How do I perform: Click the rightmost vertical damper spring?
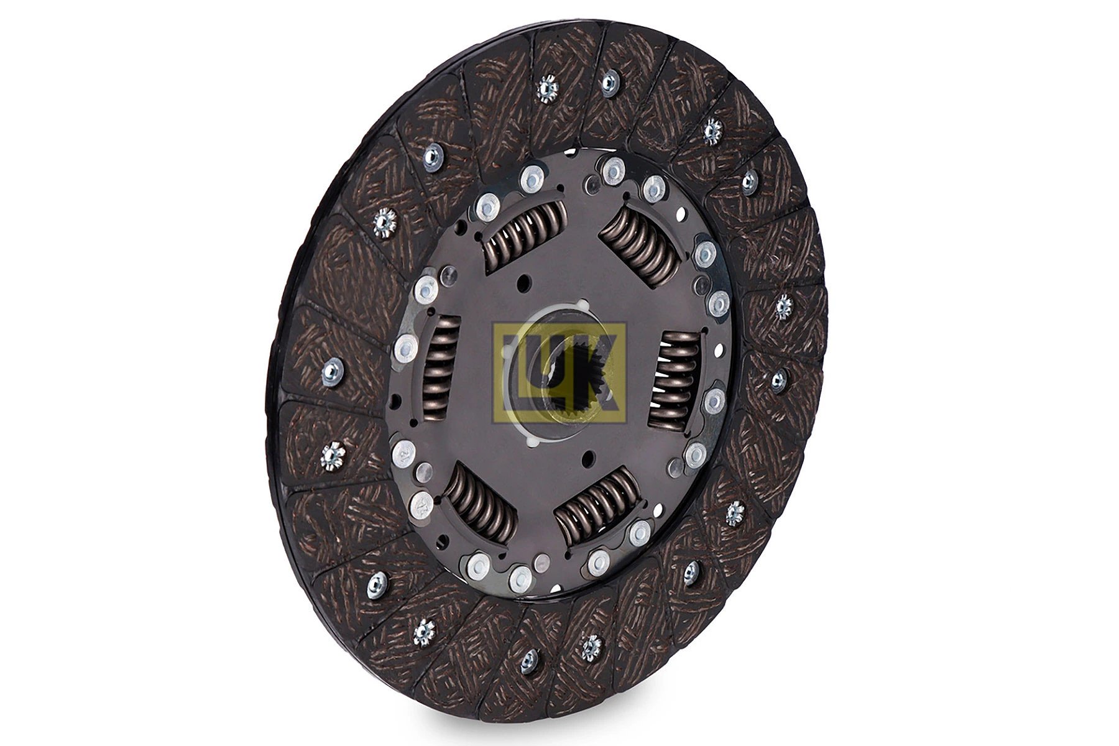tap(675, 379)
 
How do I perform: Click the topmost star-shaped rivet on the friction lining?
tap(548, 88)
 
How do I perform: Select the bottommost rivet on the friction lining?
tap(529, 661)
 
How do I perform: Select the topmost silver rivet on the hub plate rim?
tap(614, 169)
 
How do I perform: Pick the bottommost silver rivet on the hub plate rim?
tap(521, 579)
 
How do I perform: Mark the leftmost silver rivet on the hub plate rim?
tap(405, 349)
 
